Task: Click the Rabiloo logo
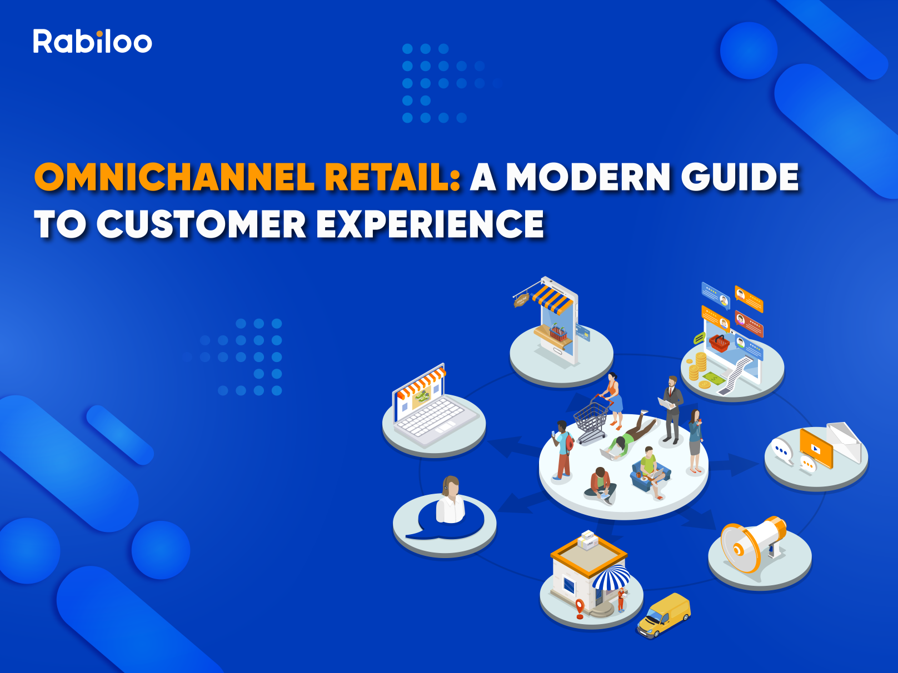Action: coord(92,41)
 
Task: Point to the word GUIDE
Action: coord(740,177)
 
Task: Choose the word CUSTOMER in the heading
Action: coord(201,224)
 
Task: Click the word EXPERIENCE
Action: coord(430,224)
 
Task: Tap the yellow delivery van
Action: coord(663,615)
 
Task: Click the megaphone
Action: coord(754,544)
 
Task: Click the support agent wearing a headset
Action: coord(450,499)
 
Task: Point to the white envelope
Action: coord(844,441)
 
